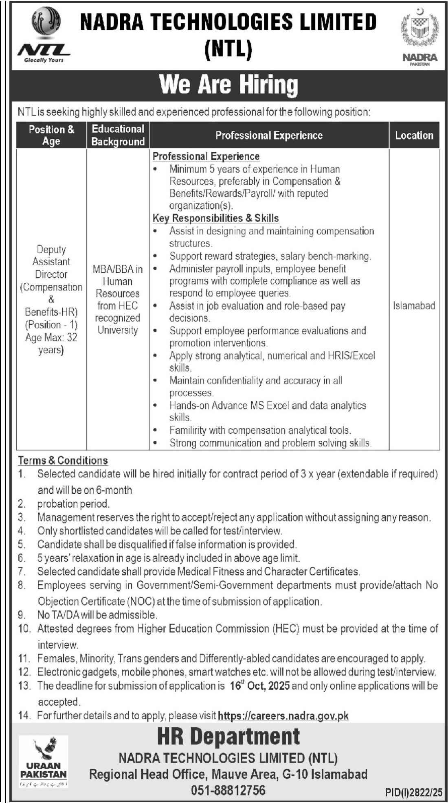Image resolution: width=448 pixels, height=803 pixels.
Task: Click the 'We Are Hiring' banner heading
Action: point(229,84)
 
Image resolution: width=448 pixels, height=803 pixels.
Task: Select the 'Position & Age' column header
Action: point(51,135)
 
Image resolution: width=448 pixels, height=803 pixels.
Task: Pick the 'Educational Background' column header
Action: point(118,135)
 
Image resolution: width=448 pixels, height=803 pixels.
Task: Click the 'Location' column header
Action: point(414,135)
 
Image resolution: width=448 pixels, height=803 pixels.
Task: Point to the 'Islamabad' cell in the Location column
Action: point(414,305)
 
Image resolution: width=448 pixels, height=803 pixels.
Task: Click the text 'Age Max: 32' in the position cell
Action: point(51,337)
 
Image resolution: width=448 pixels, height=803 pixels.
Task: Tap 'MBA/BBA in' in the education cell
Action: point(118,269)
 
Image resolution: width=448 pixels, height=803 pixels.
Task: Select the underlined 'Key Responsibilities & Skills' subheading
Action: point(215,218)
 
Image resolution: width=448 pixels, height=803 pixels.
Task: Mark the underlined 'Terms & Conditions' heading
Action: point(63,460)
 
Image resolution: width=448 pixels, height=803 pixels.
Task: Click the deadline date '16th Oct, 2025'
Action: point(259,685)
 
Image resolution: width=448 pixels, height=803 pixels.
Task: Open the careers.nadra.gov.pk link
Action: point(283,715)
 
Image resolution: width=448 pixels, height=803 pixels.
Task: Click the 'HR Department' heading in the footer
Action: point(228,737)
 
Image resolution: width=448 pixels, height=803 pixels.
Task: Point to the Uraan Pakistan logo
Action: point(44,761)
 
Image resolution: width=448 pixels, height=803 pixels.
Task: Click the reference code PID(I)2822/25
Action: point(413,792)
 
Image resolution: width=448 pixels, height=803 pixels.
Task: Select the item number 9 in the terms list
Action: point(22,615)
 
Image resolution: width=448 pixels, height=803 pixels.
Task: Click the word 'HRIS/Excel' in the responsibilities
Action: point(351,356)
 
